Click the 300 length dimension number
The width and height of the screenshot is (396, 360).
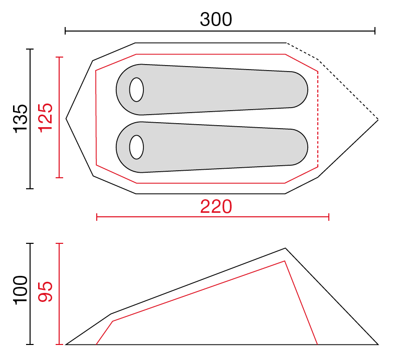click(x=216, y=19)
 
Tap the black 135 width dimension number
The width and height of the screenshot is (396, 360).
click(x=20, y=119)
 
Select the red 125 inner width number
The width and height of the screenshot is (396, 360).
click(x=46, y=118)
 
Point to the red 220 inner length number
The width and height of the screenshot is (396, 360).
click(x=216, y=207)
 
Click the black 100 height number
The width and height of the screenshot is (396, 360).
click(x=20, y=290)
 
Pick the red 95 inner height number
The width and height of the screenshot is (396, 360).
click(x=46, y=291)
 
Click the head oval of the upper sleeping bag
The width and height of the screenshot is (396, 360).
click(x=136, y=90)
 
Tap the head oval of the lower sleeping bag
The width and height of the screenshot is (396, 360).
click(x=136, y=147)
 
